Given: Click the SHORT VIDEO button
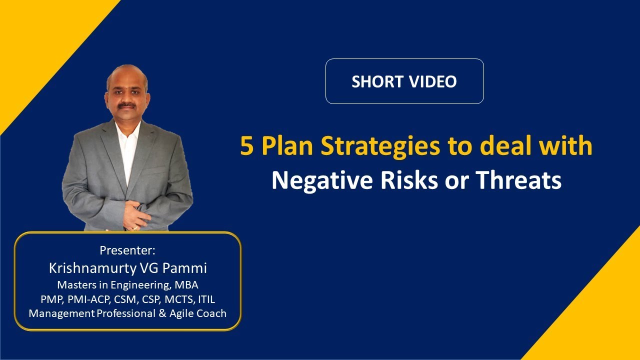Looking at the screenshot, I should pos(404,81).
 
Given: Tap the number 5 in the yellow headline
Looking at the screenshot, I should pos(246,146).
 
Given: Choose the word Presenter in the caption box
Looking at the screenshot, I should pos(127,250).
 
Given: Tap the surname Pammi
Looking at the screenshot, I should pos(187,268).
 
